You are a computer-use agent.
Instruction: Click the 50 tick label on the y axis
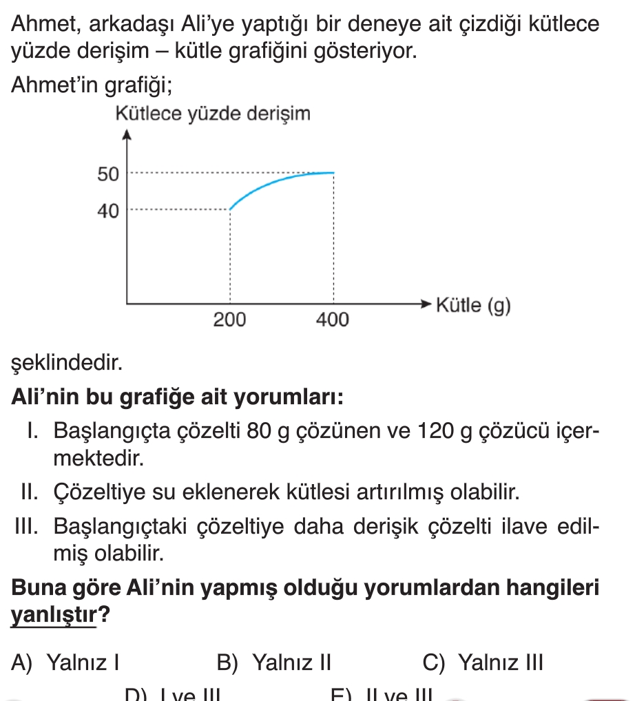pos(108,174)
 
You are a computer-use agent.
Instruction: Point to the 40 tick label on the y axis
pos(108,211)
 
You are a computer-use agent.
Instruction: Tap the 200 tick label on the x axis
pos(229,320)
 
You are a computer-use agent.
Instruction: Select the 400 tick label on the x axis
pos(333,320)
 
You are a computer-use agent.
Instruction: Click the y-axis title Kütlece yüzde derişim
pos(213,113)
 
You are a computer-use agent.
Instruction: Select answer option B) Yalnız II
pos(274,663)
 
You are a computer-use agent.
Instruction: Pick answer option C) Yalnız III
pos(483,663)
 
